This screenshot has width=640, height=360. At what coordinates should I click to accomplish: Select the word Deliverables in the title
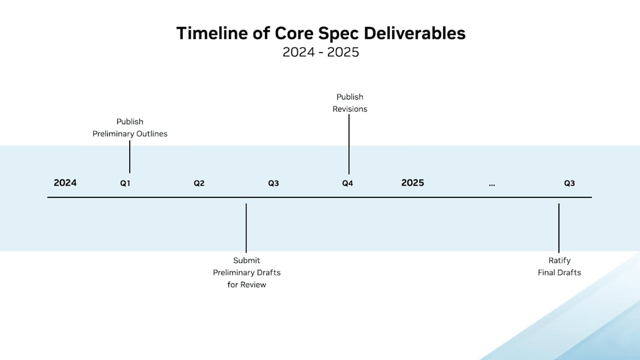tap(414, 33)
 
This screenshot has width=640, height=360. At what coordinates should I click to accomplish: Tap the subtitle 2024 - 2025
tap(321, 52)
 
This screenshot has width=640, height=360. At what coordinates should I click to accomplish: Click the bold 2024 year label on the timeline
tap(65, 183)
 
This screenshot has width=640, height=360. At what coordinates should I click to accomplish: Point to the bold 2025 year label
tap(413, 183)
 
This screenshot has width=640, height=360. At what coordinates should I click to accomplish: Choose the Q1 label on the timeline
tap(125, 183)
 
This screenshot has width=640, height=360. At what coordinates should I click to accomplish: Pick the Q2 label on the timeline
tap(199, 183)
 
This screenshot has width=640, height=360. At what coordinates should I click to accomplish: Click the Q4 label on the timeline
tap(347, 183)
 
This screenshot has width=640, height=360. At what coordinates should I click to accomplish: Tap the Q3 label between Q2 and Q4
tap(274, 183)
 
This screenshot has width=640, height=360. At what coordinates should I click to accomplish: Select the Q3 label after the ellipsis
tap(570, 183)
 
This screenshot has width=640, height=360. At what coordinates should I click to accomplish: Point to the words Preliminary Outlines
tap(130, 134)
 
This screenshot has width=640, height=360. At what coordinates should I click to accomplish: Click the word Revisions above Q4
tap(350, 109)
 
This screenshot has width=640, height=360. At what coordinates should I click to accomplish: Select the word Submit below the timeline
tap(246, 261)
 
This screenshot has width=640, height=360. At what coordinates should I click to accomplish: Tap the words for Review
tap(247, 285)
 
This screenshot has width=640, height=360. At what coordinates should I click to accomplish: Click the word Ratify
tap(559, 261)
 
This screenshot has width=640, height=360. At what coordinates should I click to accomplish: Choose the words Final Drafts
tap(559, 273)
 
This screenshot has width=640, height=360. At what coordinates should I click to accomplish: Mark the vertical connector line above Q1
tap(130, 157)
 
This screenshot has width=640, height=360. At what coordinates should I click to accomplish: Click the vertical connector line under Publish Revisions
tap(349, 145)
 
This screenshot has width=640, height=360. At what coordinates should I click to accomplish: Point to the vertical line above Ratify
tap(559, 228)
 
